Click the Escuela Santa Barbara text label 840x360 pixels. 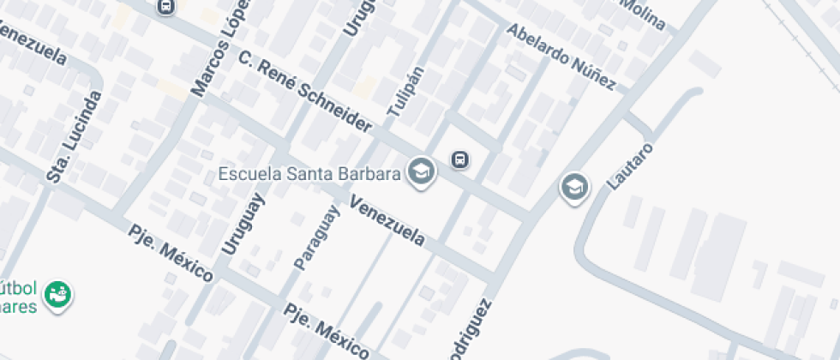click(x=309, y=174)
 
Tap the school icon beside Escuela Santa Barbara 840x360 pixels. click(x=421, y=171)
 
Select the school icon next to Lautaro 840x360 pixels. click(x=574, y=186)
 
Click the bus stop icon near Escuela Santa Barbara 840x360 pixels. click(x=460, y=159)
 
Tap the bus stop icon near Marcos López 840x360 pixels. click(x=166, y=7)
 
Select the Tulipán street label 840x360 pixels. click(x=406, y=91)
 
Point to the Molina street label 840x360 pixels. click(x=644, y=14)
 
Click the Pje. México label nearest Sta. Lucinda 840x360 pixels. click(x=171, y=254)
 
